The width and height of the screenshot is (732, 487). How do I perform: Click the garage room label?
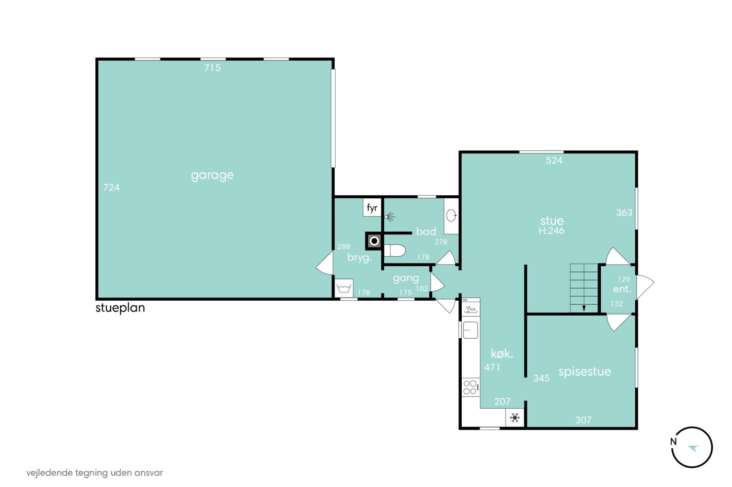coord(212,175)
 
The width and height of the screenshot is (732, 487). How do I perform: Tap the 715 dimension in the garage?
coord(212,68)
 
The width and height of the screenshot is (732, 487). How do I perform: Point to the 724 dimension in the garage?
coord(111,187)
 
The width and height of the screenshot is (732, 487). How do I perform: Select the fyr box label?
coord(372,207)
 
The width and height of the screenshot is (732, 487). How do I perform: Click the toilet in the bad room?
coord(394,251)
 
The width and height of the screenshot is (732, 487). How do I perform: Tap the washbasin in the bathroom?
coord(451,216)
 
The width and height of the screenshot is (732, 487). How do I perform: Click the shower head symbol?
coord(389,217)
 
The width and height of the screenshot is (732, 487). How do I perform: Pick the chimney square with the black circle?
coord(374,241)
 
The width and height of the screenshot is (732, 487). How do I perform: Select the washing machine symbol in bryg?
coord(344,288)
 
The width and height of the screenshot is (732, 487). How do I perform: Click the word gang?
coord(406,278)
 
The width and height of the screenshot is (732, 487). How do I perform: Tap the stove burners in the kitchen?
coord(471,387)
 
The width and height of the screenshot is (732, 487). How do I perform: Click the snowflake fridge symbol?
coord(515,418)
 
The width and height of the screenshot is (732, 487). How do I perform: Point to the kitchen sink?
coord(470,330)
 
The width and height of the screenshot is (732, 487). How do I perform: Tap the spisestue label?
coord(585,372)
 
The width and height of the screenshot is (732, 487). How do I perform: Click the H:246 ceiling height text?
coord(551,231)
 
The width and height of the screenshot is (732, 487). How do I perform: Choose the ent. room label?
coord(622,289)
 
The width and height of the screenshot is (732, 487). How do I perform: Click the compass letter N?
coord(673,442)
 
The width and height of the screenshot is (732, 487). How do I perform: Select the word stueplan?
coord(120,308)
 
